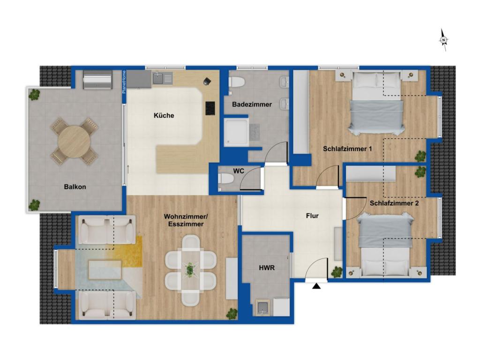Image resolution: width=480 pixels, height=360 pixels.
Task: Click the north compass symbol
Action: point(443,40)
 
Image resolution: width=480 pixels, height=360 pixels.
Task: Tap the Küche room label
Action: point(164,115)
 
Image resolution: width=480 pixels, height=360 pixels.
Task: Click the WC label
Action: point(239,171)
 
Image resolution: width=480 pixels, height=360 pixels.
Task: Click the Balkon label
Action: point(75,187)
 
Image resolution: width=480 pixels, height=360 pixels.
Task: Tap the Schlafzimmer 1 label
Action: point(347,150)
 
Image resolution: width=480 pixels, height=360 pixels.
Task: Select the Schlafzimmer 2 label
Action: point(394,203)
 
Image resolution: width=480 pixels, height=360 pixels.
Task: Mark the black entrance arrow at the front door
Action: point(317,285)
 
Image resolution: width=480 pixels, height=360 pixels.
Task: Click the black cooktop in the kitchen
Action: point(210,108)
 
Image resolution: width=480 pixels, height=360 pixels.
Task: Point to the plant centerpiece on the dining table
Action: point(190,270)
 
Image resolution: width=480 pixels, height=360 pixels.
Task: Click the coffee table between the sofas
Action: point(105,270)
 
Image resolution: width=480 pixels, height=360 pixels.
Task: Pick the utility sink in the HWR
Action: point(263,307)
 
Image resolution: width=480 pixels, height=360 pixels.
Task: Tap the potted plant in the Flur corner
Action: point(337,271)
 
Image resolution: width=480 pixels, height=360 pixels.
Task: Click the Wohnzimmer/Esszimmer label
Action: point(183,220)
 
